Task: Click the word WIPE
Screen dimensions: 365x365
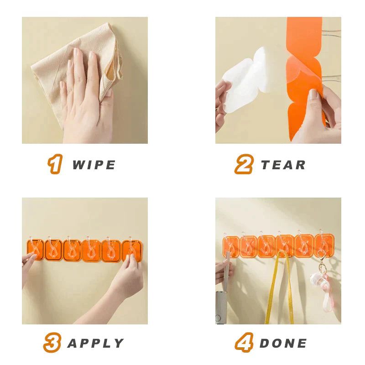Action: coord(94,165)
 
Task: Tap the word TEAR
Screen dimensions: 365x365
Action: coord(283,165)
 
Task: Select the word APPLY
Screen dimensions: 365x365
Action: coord(95,343)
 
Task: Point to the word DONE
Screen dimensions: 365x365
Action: coord(283,343)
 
